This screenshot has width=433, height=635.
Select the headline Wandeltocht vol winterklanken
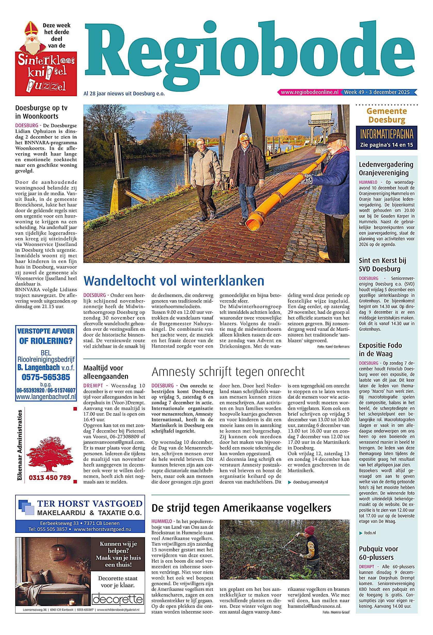[174, 281]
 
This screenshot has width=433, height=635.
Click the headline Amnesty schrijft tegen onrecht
[228, 372]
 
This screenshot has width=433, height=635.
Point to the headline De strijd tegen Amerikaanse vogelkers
[241, 508]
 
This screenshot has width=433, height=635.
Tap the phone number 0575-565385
[46, 377]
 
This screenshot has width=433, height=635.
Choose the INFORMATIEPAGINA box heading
[386, 135]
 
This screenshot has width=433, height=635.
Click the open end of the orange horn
[252, 224]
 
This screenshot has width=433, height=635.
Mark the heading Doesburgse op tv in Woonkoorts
[41, 112]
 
